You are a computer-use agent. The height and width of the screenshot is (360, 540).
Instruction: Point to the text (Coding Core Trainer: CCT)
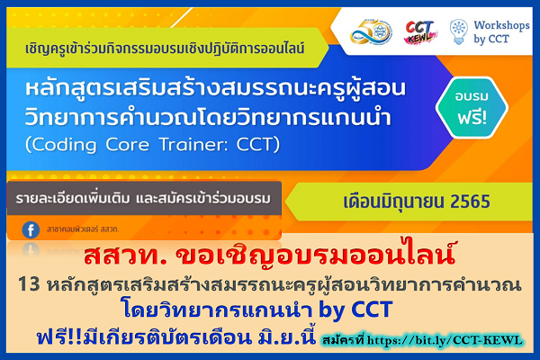coord(154,143)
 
